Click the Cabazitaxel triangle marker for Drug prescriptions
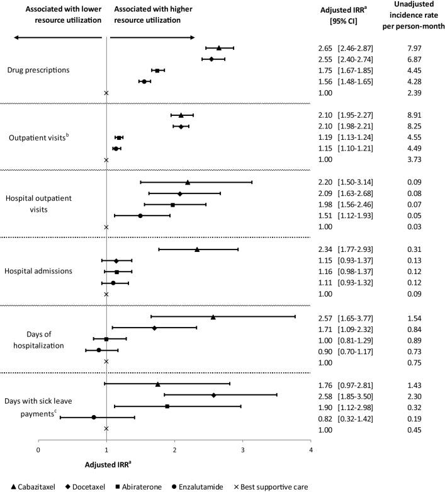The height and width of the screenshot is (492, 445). click(219, 48)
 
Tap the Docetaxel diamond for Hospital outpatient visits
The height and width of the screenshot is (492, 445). click(179, 193)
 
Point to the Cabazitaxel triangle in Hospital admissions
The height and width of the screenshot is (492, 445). click(197, 249)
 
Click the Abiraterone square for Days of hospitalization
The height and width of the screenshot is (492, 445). click(106, 339)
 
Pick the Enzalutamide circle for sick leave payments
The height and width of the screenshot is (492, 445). click(94, 417)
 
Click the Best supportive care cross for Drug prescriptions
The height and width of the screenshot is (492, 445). click(106, 93)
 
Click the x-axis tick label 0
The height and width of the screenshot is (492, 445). click(38, 450)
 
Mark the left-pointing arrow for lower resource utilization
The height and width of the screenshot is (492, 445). click(57, 37)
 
